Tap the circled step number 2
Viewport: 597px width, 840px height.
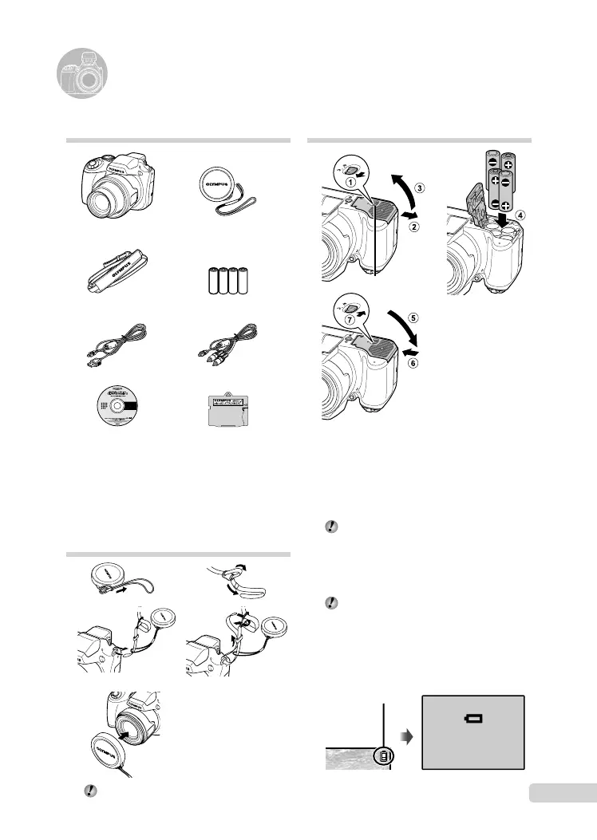point(414,227)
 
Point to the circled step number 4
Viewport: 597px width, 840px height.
point(521,214)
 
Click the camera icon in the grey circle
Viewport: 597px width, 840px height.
point(83,77)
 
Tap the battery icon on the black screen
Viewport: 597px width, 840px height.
point(474,719)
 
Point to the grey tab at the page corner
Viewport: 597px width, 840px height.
point(562,795)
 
